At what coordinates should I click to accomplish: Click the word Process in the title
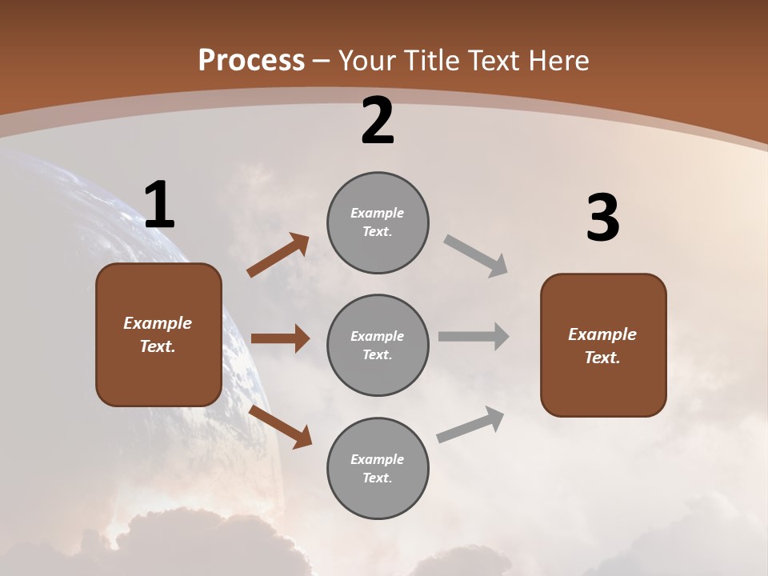pyautogui.click(x=251, y=61)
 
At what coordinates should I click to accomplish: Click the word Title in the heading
pyautogui.click(x=430, y=61)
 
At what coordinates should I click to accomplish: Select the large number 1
pyautogui.click(x=159, y=206)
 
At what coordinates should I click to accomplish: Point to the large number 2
pyautogui.click(x=378, y=122)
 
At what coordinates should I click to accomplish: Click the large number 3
pyautogui.click(x=602, y=218)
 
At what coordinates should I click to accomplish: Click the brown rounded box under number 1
pyautogui.click(x=158, y=334)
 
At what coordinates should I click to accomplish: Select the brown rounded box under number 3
pyautogui.click(x=603, y=345)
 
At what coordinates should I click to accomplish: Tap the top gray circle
pyautogui.click(x=378, y=222)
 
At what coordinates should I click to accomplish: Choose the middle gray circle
pyautogui.click(x=378, y=345)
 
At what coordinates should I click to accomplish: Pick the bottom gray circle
pyautogui.click(x=378, y=468)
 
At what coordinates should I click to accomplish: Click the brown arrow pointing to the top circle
pyautogui.click(x=278, y=255)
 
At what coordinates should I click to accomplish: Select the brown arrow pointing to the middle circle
pyautogui.click(x=280, y=338)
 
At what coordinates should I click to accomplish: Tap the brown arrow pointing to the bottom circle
pyautogui.click(x=281, y=427)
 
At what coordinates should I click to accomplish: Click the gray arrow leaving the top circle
pyautogui.click(x=476, y=255)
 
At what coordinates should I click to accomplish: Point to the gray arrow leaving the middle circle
pyautogui.click(x=474, y=336)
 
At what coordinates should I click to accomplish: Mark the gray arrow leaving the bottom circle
pyautogui.click(x=470, y=425)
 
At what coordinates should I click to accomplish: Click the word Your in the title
pyautogui.click(x=367, y=61)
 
